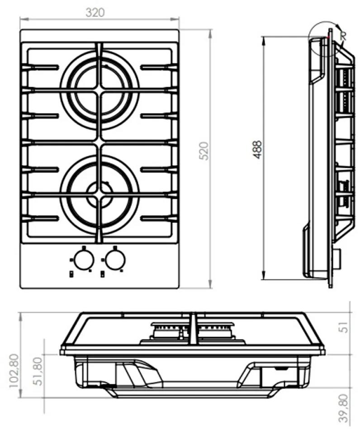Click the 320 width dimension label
coord(95,13)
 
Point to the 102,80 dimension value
coord(14,370)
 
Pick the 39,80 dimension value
coord(344,408)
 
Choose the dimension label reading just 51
coord(344,327)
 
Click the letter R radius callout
coord(343,35)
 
